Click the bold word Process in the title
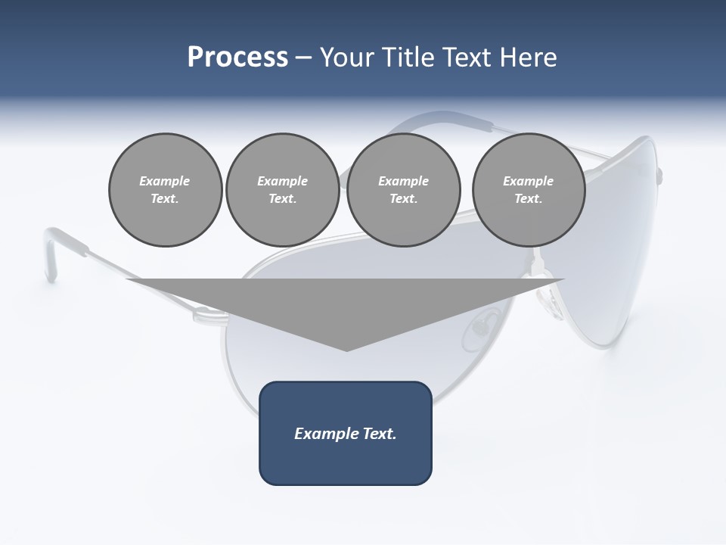tap(237, 58)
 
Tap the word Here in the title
tap(528, 58)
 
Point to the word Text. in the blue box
tap(377, 434)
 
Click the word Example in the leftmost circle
tap(165, 181)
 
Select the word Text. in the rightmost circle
tap(529, 199)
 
